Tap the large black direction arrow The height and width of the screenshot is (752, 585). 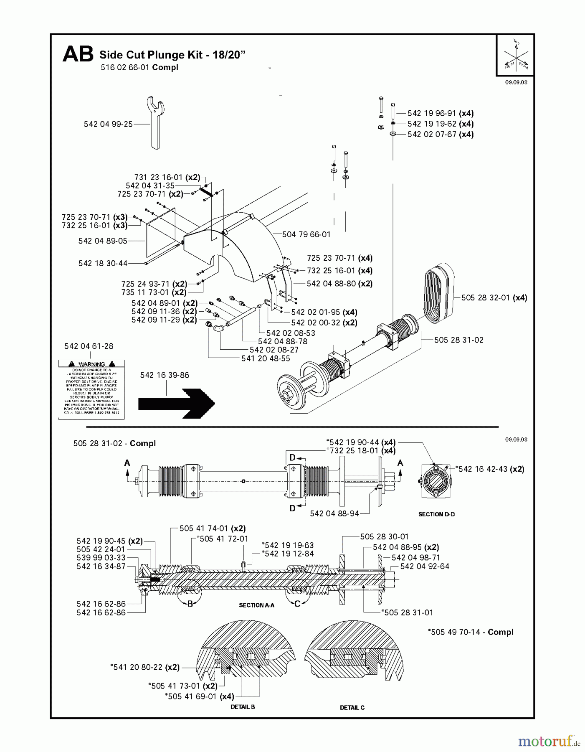pos(176,403)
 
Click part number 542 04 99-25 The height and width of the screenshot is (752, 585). pos(108,124)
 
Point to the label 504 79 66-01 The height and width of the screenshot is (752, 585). pos(306,234)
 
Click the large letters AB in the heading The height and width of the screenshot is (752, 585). pos(78,55)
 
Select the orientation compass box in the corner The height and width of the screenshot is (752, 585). pos(515,56)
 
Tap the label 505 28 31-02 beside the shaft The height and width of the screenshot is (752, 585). pos(458,340)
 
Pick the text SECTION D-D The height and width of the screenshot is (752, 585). pos(436,514)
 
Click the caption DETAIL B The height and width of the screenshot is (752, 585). pos(243,707)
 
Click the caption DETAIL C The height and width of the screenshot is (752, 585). pos(352,707)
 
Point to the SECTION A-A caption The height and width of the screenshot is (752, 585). pos(256,605)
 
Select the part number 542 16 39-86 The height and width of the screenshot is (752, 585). pos(165,375)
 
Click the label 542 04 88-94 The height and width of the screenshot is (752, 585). pos(334,513)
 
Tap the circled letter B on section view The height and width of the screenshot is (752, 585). pos(190,604)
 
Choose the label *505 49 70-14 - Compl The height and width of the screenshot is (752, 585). pos(470,632)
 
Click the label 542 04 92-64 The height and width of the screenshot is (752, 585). pos(425,567)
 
